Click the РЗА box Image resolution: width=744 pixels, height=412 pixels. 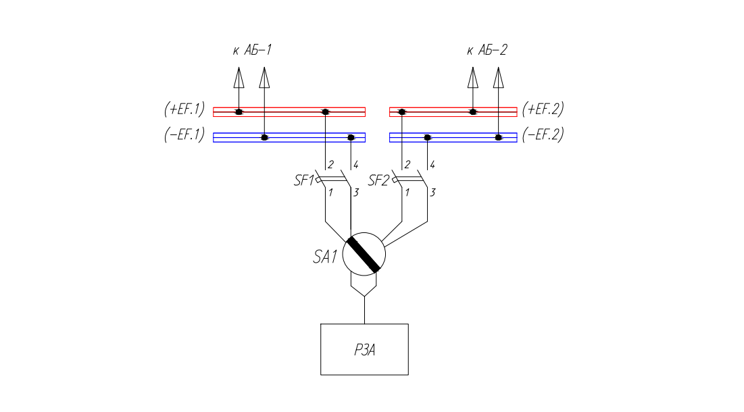coord(364,349)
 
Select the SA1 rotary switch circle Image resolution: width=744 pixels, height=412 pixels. coord(364,254)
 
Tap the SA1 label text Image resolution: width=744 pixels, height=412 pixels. coord(324,257)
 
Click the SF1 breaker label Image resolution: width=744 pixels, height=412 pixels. coord(303,180)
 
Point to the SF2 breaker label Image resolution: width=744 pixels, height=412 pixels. coord(380,180)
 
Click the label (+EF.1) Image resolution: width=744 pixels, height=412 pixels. coord(184,109)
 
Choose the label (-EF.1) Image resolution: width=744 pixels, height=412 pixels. coord(184,134)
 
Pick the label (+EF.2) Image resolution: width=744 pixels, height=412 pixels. coord(543,109)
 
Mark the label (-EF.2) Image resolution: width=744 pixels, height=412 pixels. coord(543,134)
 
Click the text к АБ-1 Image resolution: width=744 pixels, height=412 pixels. coord(252,50)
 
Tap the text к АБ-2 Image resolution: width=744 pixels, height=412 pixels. coord(487,50)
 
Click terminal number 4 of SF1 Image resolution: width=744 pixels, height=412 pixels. coord(356,165)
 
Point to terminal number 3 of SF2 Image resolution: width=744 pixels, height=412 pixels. coord(432,193)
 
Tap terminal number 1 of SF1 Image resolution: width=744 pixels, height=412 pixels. coord(330,193)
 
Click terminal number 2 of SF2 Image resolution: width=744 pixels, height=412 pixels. coord(407,165)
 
